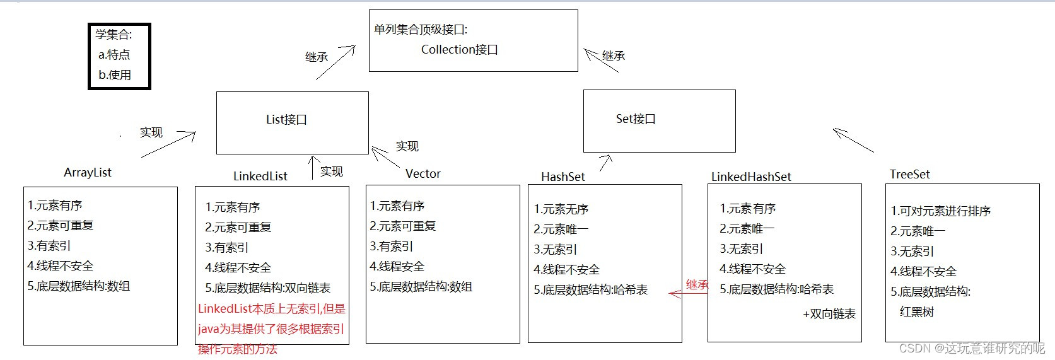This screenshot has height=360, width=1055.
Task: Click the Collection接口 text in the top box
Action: pyautogui.click(x=459, y=50)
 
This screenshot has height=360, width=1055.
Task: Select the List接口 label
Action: pyautogui.click(x=286, y=120)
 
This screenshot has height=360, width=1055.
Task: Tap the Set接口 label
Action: pyautogui.click(x=636, y=119)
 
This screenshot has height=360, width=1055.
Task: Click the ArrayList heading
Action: pyautogui.click(x=88, y=173)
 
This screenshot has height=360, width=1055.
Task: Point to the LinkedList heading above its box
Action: pyautogui.click(x=260, y=177)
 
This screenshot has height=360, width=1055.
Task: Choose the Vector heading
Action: pyautogui.click(x=423, y=174)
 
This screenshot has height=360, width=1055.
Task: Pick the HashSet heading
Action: pyautogui.click(x=563, y=177)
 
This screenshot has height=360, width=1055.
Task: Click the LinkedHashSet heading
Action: pyautogui.click(x=751, y=177)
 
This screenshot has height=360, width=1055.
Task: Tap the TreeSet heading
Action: pyautogui.click(x=909, y=175)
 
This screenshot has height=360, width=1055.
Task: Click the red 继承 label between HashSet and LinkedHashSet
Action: pyautogui.click(x=697, y=285)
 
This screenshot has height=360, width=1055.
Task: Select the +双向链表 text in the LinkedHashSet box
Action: pyautogui.click(x=829, y=314)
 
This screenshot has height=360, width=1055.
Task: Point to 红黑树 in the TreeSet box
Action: pyautogui.click(x=916, y=312)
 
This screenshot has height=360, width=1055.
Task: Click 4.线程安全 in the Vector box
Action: pyautogui.click(x=397, y=267)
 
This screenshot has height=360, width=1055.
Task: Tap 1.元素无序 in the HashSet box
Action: pyautogui.click(x=561, y=209)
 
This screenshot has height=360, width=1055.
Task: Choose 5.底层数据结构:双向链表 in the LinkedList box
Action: pyautogui.click(x=268, y=288)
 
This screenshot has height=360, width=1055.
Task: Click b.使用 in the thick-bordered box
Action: pyautogui.click(x=115, y=75)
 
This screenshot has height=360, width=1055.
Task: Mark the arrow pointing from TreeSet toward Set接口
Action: pyautogui.click(x=853, y=141)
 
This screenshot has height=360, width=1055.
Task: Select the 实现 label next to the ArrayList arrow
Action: pyautogui.click(x=151, y=132)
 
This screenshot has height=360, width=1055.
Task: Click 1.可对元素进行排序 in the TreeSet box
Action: pyautogui.click(x=940, y=211)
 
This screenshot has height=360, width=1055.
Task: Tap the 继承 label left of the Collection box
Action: pyautogui.click(x=317, y=57)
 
